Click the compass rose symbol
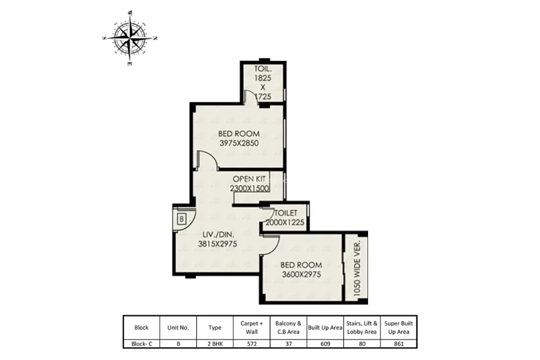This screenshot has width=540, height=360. (x=130, y=38)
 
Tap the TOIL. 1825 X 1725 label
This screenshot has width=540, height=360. (x=262, y=83)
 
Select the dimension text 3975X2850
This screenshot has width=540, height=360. (x=239, y=143)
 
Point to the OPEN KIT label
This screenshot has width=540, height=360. (x=249, y=179)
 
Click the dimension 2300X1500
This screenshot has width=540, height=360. (x=249, y=188)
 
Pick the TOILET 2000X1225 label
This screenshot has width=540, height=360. (x=285, y=218)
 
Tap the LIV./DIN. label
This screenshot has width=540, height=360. (x=218, y=234)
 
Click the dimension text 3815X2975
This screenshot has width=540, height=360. (x=217, y=244)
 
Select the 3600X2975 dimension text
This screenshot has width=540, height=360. (x=302, y=274)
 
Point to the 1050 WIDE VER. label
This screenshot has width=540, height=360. (x=357, y=269)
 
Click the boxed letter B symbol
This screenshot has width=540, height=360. (x=182, y=219)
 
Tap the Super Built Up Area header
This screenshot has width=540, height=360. (x=398, y=328)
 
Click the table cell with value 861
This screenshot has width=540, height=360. (x=399, y=344)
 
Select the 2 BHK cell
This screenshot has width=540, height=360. (x=215, y=344)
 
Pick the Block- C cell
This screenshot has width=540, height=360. (x=142, y=344)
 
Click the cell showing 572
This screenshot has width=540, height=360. (x=252, y=344)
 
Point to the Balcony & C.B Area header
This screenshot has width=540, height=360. (x=288, y=328)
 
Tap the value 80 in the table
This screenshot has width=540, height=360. (x=362, y=344)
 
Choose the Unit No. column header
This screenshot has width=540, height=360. (x=178, y=328)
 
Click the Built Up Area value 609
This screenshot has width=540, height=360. (x=325, y=344)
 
